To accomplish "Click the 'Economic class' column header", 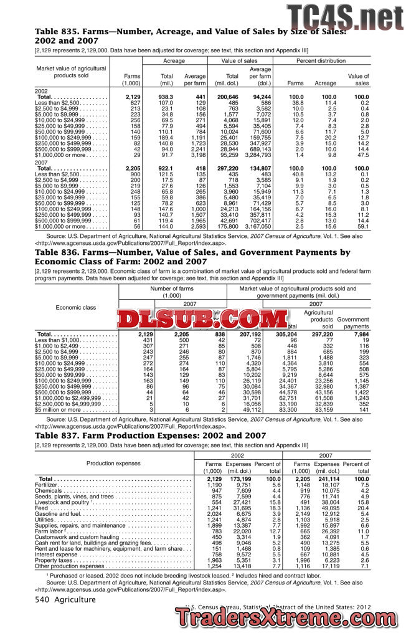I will (75, 307).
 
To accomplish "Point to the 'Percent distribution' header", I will (321, 61).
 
